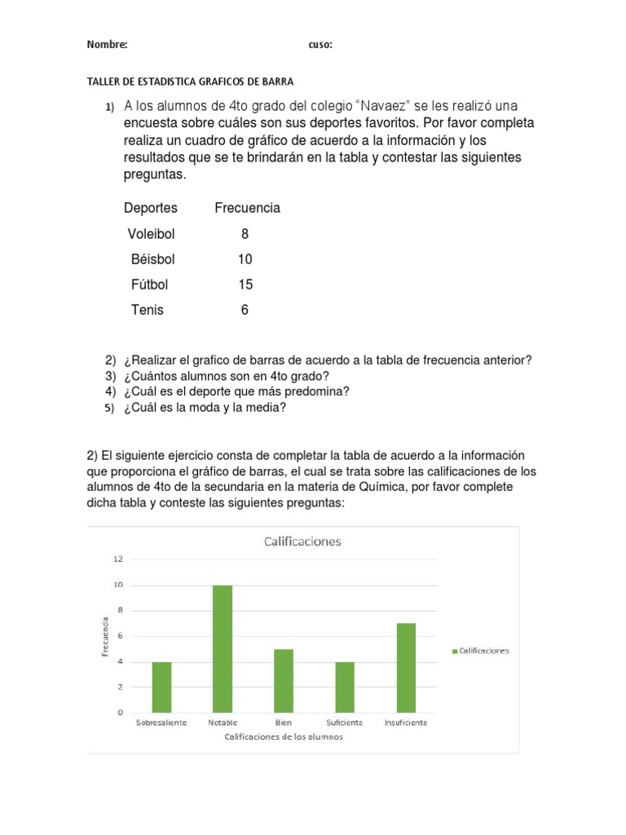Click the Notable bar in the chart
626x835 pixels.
[x=223, y=648]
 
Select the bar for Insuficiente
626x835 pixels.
[x=406, y=667]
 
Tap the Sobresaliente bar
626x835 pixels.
[x=161, y=687]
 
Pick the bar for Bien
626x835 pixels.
[x=284, y=680]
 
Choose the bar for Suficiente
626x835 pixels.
[x=345, y=687]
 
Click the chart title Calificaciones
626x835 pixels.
[x=300, y=541]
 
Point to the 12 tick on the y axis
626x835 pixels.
[x=118, y=559]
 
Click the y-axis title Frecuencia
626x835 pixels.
[x=105, y=636]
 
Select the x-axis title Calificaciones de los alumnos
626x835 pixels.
[x=284, y=737]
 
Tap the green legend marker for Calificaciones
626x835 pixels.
[x=453, y=651]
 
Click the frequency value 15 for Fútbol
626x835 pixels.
[x=245, y=285]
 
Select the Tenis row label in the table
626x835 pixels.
[x=147, y=310]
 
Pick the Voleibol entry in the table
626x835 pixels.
[x=151, y=234]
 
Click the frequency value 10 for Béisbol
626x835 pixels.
[x=245, y=259]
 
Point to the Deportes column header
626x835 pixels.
[x=150, y=208]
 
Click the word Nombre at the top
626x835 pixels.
[x=107, y=45]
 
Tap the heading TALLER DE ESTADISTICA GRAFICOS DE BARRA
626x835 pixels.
[x=189, y=82]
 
